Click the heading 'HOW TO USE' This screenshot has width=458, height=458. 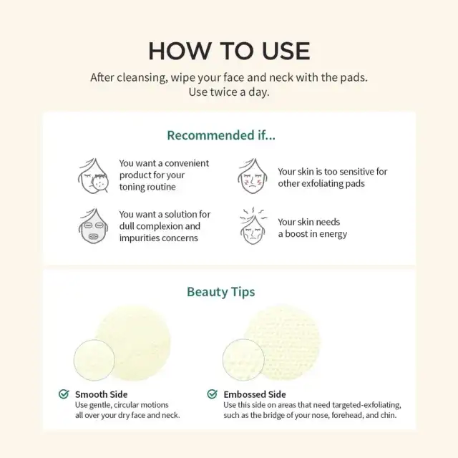[x=229, y=51]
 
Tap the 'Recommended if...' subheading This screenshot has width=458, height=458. [x=221, y=135]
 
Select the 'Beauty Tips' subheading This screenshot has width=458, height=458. [x=221, y=292]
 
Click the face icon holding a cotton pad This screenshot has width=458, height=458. [x=93, y=176]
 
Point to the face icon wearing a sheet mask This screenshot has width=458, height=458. [x=93, y=226]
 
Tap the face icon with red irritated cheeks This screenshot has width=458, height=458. [x=253, y=176]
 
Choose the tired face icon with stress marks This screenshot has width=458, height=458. [x=253, y=225]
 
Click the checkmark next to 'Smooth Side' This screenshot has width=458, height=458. [x=64, y=394]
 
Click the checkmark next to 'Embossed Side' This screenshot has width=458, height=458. [x=212, y=394]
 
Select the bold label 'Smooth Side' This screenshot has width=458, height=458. [x=101, y=394]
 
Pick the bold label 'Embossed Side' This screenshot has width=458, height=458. [x=255, y=394]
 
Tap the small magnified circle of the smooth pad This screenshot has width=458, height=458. [x=94, y=360]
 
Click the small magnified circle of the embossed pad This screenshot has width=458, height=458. [x=243, y=359]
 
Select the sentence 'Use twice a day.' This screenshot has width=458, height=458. [x=229, y=92]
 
